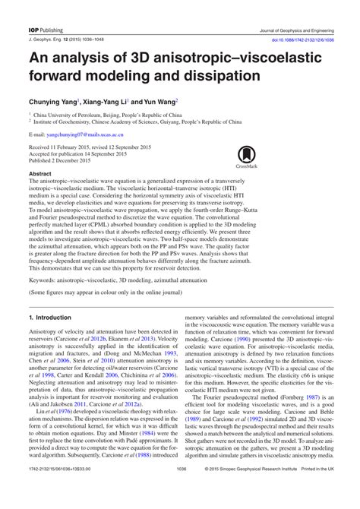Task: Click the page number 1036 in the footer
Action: click(x=180, y=491)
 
